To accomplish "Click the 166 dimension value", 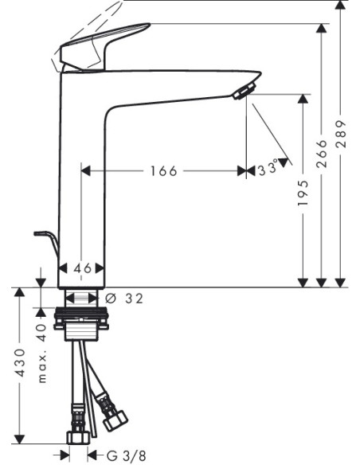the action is (164, 171).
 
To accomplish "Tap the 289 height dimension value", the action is (341, 134).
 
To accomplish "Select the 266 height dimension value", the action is (322, 154).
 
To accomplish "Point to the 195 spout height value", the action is (303, 193).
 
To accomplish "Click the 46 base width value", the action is (82, 268).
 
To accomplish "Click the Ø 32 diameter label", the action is (124, 299).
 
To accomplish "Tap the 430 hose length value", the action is (20, 363).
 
